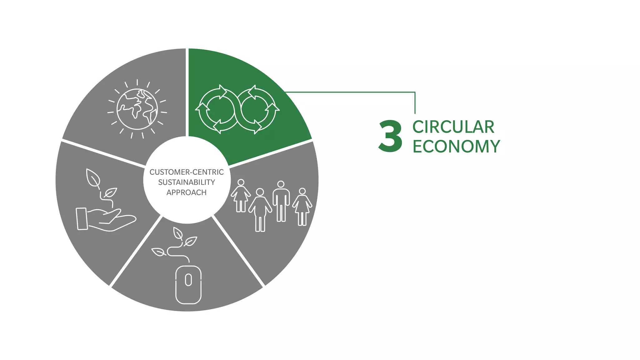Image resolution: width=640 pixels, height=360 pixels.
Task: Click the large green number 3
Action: [x=390, y=136]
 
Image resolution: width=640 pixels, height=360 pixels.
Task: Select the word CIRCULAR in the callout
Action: [x=453, y=127]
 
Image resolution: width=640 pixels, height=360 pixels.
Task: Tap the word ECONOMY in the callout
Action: [x=456, y=146]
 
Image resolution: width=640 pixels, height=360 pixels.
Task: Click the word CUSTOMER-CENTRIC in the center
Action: [x=187, y=172]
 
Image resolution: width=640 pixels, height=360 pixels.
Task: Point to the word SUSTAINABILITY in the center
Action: [x=187, y=182]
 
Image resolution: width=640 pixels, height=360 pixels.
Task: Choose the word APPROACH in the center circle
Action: [x=187, y=192]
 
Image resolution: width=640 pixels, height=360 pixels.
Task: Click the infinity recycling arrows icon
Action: [x=237, y=109]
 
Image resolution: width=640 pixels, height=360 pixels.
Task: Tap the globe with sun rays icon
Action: [x=137, y=109]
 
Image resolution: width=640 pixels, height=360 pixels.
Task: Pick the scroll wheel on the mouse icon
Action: [x=188, y=280]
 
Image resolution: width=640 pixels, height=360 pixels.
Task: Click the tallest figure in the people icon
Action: [x=281, y=201]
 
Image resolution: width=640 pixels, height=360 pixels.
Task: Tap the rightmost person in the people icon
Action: [x=302, y=207]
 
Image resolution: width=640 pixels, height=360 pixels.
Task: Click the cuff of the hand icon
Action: [x=82, y=219]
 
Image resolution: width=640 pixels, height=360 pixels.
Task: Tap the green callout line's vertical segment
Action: [x=415, y=103]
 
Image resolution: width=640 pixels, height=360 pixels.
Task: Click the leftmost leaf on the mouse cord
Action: [x=159, y=252]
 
